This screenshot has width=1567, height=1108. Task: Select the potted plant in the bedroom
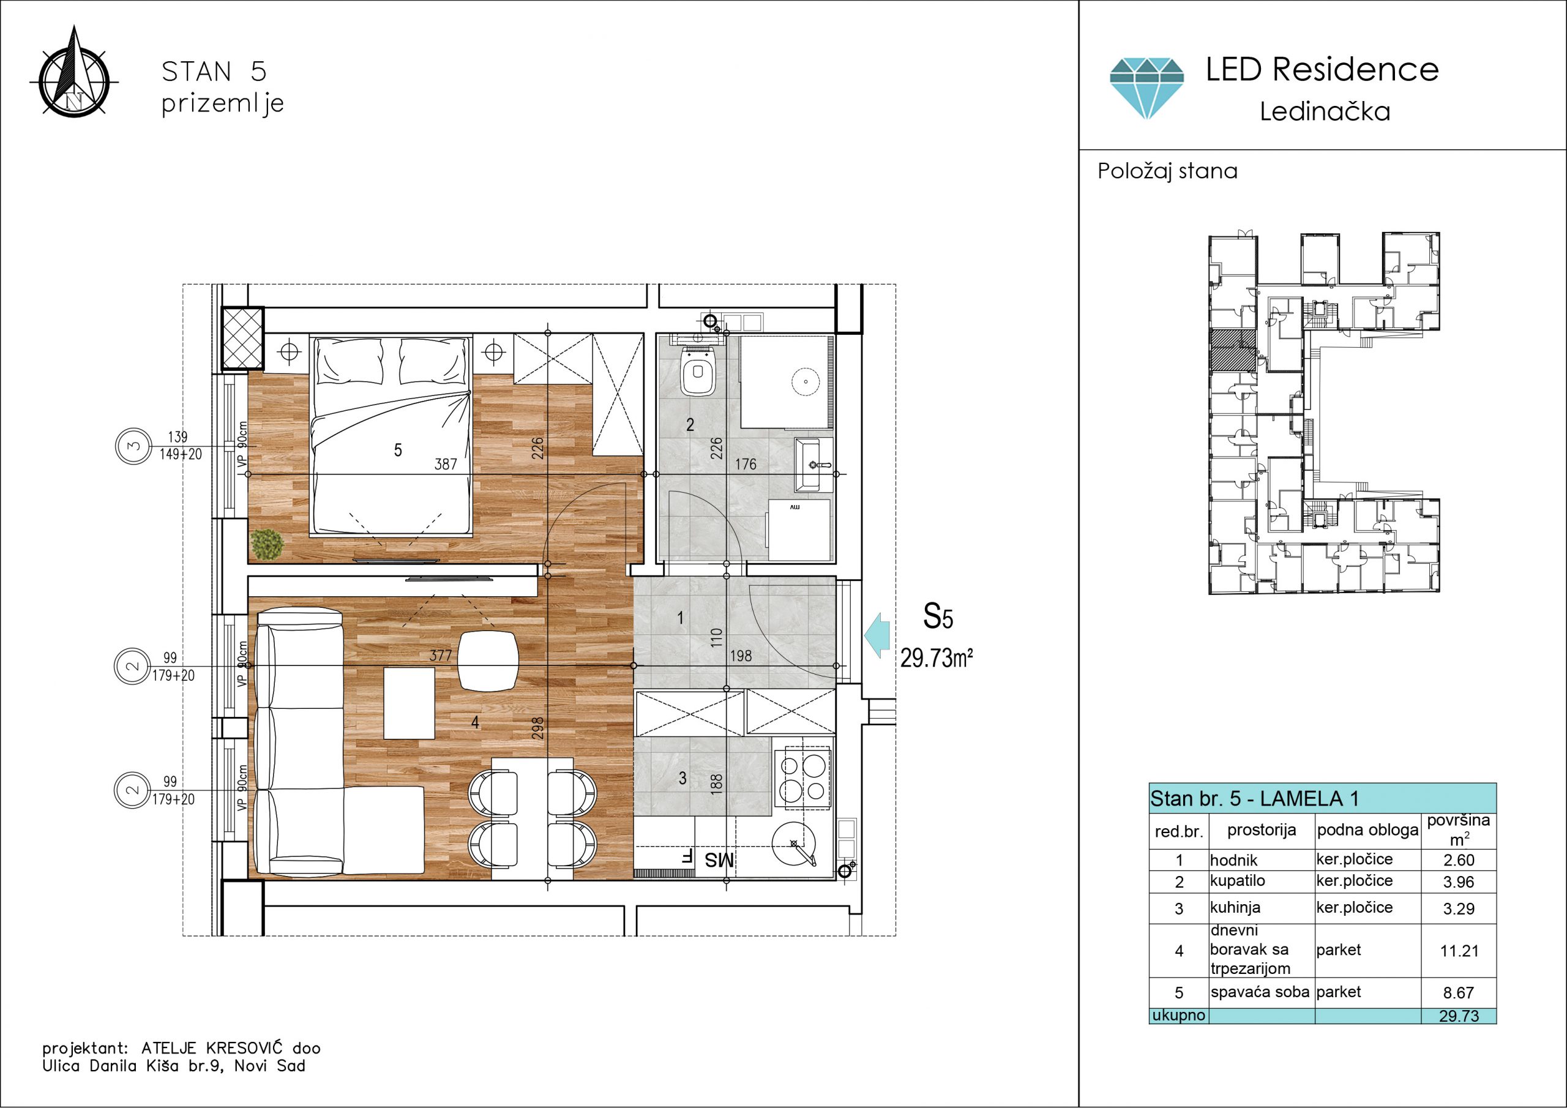[x=267, y=544]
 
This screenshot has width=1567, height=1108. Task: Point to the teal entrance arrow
[x=877, y=635]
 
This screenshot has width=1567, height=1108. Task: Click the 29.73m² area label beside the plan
[x=937, y=658]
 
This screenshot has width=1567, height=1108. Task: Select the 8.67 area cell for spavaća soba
[x=1459, y=993]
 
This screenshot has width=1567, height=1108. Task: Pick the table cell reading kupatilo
[x=1237, y=881]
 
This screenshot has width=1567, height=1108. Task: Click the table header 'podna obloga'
[x=1367, y=830]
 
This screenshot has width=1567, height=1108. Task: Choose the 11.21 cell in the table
[x=1459, y=950]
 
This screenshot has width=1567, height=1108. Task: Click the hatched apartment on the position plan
[x=1233, y=350]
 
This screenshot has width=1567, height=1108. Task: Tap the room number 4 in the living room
[x=475, y=722]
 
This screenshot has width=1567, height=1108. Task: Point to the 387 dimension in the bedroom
[x=446, y=464]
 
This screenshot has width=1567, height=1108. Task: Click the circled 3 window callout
[x=133, y=446]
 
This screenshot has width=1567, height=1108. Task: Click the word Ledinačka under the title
[x=1325, y=111]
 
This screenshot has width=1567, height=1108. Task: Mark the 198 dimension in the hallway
[x=741, y=656]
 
